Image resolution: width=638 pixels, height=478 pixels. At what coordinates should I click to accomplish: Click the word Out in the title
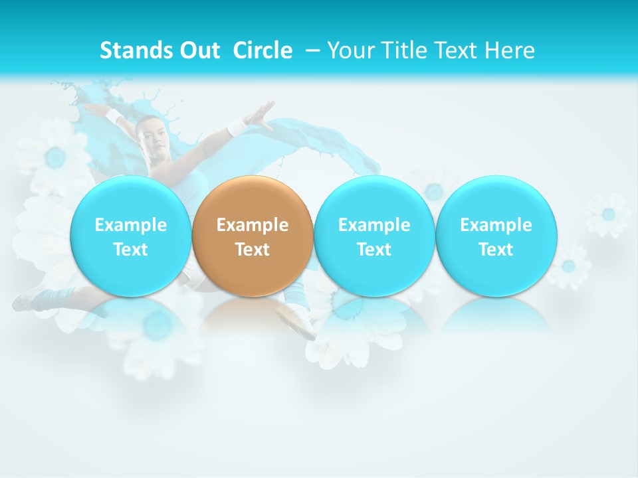pos(200,50)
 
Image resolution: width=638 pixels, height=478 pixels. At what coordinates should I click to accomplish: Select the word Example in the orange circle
pos(253,225)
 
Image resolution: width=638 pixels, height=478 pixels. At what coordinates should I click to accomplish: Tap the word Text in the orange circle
pos(253,250)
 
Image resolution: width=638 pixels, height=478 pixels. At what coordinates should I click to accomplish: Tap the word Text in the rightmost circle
pos(496,250)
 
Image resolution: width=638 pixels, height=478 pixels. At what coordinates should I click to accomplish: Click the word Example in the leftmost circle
pos(131,225)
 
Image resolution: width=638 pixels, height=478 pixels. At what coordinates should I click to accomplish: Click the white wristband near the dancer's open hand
pos(237,126)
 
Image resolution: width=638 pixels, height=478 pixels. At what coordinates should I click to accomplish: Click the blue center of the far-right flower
pos(608,214)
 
